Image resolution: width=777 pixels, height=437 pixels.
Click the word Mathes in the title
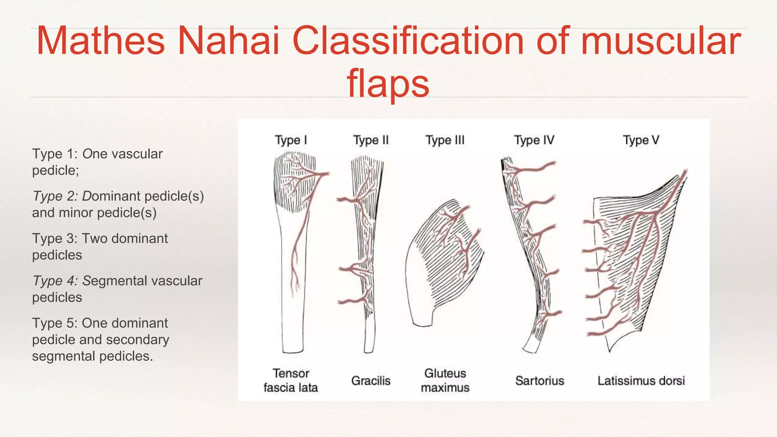[101, 41]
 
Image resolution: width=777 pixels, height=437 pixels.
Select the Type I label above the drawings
[291, 140]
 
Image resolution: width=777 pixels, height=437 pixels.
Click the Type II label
[371, 140]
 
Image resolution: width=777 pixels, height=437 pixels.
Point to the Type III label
[445, 140]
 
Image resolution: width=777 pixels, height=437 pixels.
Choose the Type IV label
[534, 140]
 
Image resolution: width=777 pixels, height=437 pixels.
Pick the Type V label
[641, 140]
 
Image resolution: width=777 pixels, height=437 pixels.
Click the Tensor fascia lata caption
[291, 380]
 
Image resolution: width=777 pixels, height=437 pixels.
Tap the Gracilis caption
[371, 380]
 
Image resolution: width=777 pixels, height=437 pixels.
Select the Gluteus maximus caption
[445, 380]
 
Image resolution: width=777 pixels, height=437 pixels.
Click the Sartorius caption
[539, 380]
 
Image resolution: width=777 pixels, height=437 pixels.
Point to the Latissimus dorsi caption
[641, 380]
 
